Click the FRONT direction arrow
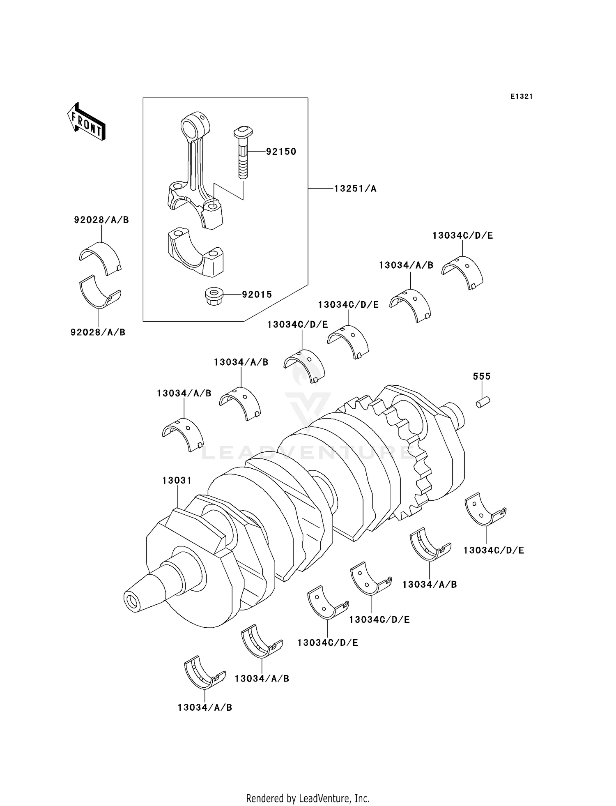pos(86,122)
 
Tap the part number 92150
pos(281,152)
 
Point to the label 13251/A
pos(355,189)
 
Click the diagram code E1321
pos(522,97)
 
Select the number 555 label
pos(481,376)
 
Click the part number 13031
pos(177,480)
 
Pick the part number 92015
pos(257,295)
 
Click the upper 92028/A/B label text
pos(101,220)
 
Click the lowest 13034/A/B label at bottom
pos(205,707)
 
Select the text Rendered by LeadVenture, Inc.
pos(308,798)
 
